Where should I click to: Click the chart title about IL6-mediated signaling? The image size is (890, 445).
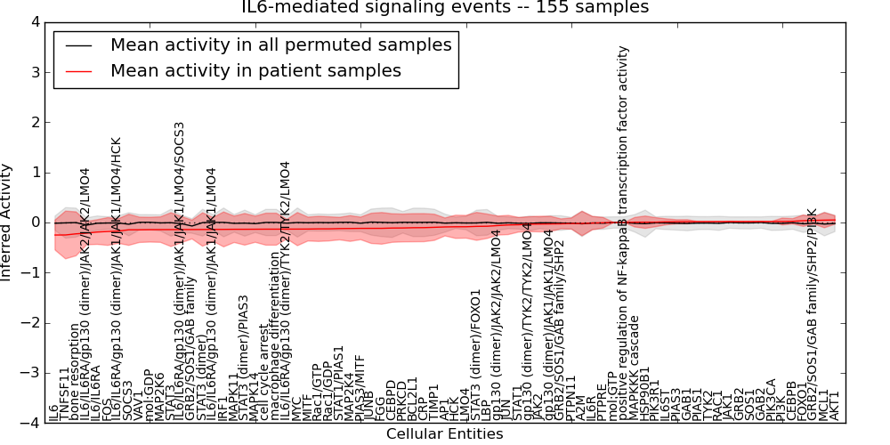point(445,8)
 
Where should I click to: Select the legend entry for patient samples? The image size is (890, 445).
point(255,70)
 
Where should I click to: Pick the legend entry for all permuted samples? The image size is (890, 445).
point(280,44)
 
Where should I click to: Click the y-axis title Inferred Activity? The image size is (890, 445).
point(8,222)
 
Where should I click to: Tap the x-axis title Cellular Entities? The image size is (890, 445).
point(444,434)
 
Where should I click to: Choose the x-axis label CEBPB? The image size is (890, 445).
point(791,401)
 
